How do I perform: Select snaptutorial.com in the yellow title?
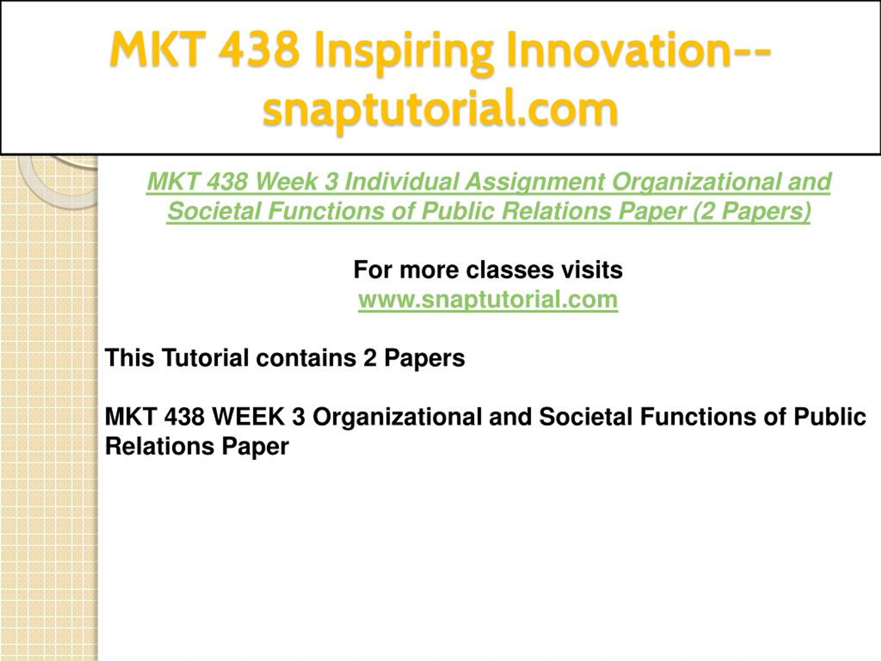(440, 110)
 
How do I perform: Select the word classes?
(510, 270)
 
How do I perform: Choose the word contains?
(306, 357)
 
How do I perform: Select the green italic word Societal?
(214, 211)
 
